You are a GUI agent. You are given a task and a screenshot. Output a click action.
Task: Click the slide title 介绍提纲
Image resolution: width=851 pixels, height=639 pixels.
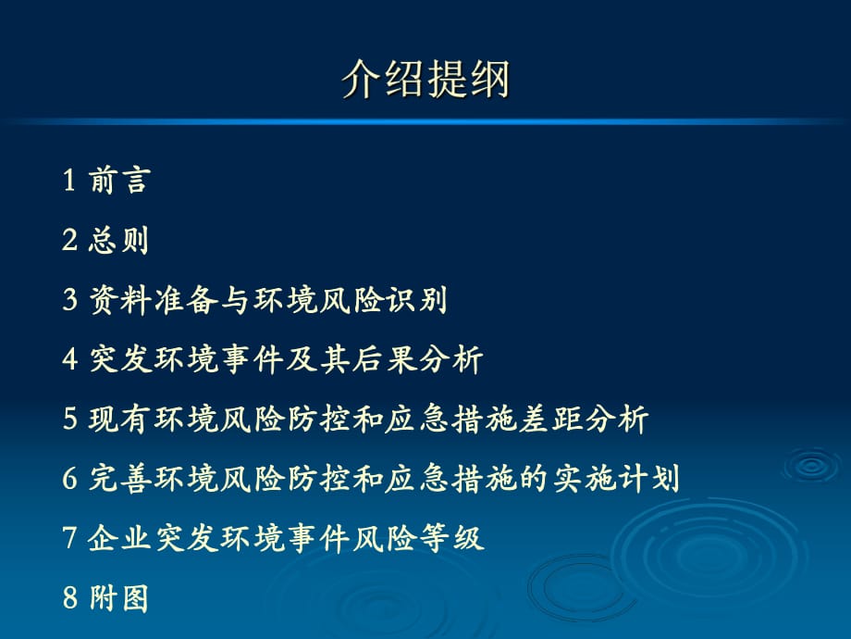(425, 80)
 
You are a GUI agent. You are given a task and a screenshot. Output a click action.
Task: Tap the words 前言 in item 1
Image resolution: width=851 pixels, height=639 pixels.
(119, 180)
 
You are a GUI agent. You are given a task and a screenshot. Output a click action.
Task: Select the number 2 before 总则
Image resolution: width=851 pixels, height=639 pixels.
(69, 240)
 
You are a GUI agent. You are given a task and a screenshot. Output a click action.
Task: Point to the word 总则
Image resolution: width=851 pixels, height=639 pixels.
(118, 240)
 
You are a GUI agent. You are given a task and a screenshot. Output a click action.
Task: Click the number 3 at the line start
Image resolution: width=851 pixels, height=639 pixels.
(69, 299)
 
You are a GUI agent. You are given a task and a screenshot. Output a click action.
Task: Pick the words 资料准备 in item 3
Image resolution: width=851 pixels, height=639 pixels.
(154, 299)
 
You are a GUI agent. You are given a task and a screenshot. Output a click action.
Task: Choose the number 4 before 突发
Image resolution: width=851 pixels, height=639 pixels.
(69, 359)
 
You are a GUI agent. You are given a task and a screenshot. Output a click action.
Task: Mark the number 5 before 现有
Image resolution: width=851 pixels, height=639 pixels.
(69, 419)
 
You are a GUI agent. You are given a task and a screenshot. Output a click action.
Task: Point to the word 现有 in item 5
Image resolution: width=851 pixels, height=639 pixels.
(120, 419)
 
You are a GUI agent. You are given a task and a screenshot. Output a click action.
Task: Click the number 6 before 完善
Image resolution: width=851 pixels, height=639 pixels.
(69, 479)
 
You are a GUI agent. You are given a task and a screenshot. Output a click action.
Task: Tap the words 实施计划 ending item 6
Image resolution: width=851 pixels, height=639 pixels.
(616, 479)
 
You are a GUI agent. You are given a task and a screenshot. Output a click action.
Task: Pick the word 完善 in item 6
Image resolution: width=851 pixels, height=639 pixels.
(120, 479)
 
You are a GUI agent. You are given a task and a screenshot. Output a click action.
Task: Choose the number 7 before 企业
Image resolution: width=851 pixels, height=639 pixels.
(69, 538)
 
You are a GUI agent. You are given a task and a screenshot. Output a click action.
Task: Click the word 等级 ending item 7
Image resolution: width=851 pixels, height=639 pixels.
(452, 538)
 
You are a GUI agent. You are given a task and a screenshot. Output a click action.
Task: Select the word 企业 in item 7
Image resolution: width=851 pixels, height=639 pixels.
(118, 538)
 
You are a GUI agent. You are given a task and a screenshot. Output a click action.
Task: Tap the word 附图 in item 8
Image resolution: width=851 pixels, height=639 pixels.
(118, 598)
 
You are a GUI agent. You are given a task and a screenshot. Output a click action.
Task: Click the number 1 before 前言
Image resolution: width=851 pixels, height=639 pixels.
(69, 180)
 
